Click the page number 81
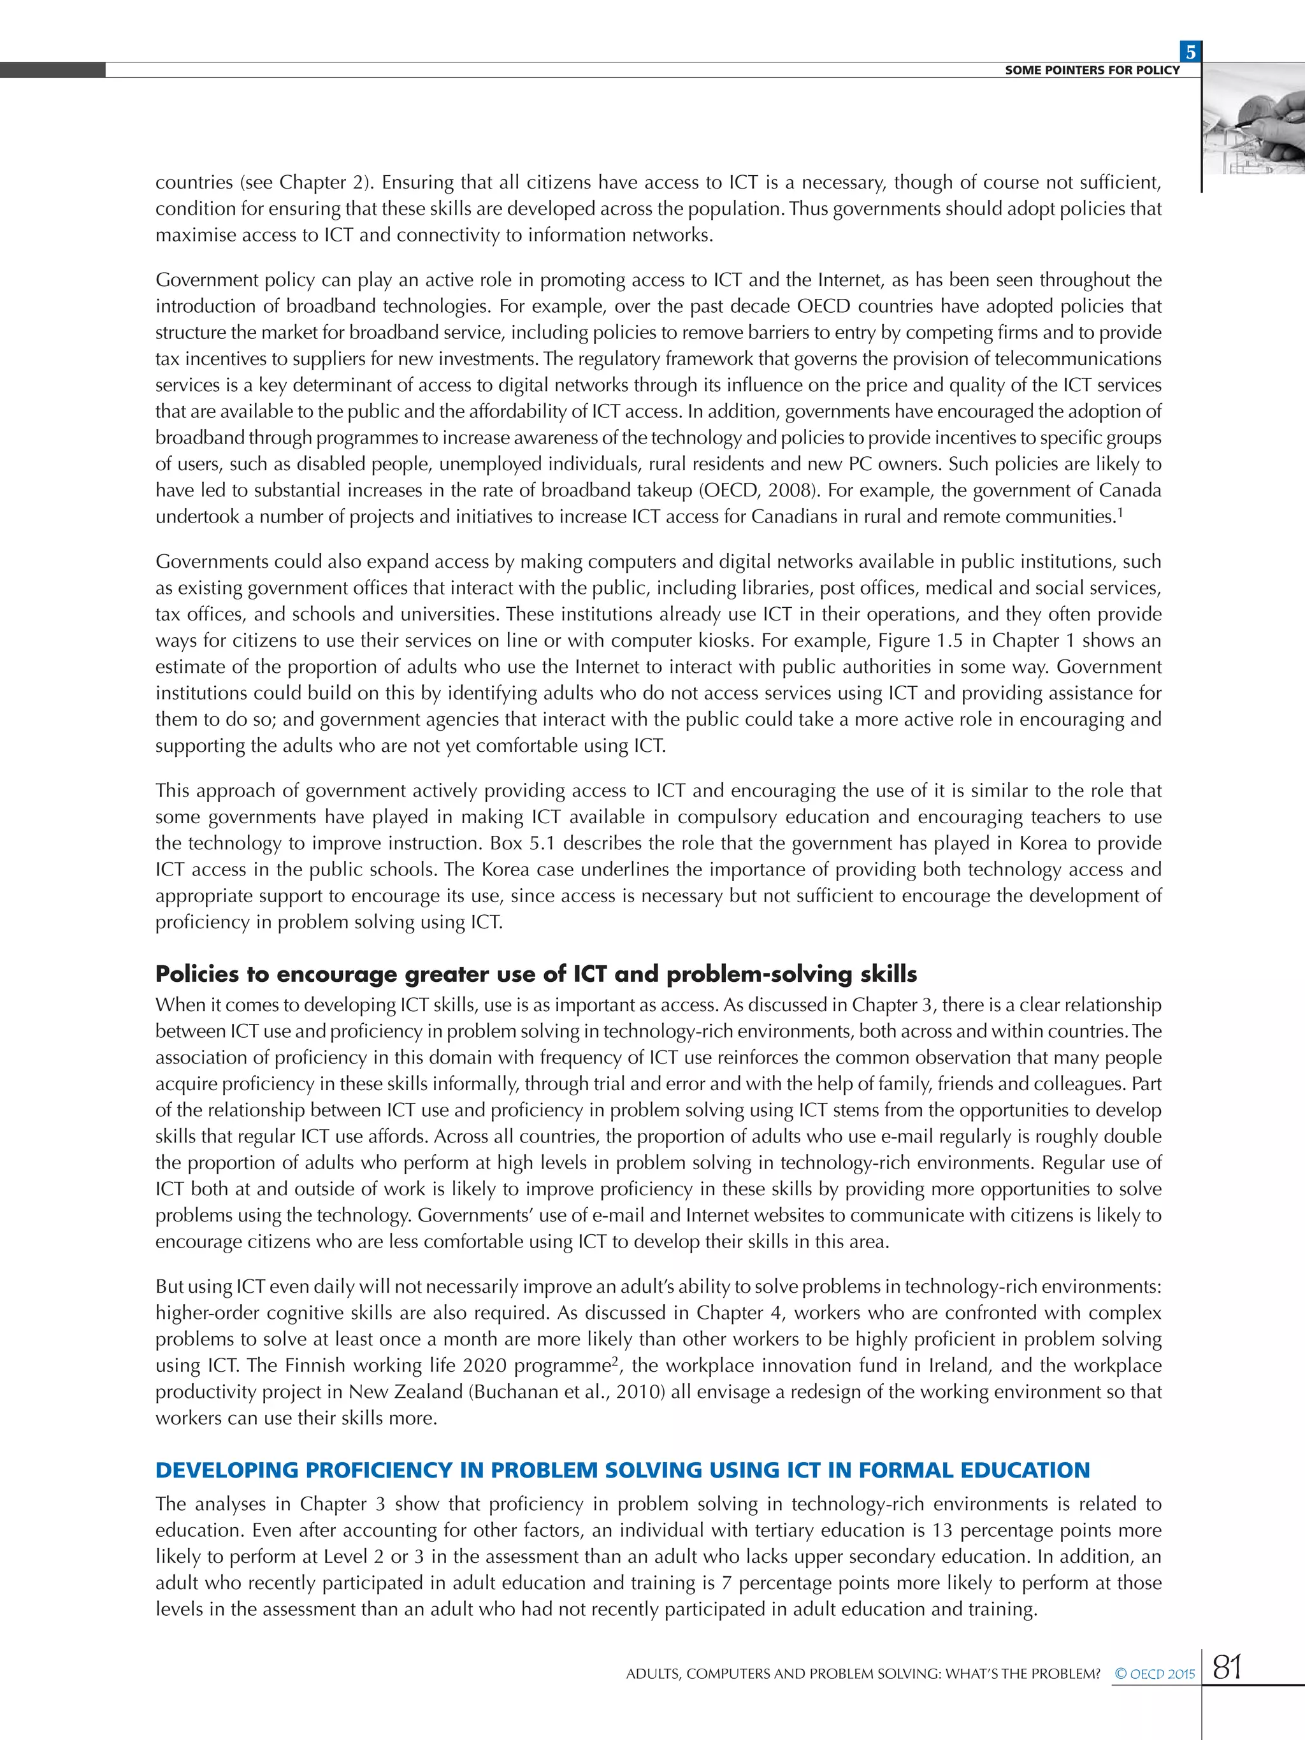(1227, 1666)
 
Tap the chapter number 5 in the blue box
(1190, 52)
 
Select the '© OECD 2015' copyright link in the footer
(1154, 1674)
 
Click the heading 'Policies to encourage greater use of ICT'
(536, 974)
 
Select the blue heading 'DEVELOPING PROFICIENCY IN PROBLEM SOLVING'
(621, 1470)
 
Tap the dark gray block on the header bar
(53, 70)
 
